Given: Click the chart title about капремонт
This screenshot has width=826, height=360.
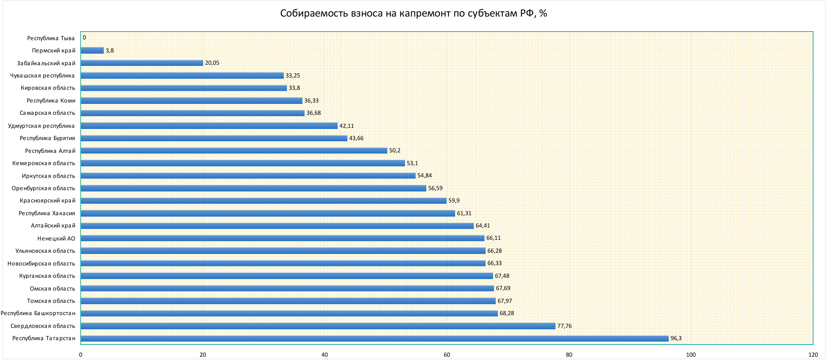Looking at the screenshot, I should (x=413, y=13).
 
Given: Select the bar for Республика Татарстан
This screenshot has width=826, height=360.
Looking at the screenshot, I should (x=374, y=339).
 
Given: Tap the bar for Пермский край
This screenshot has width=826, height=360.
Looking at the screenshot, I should (x=92, y=50).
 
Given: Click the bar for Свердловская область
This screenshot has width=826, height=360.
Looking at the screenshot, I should (x=318, y=326).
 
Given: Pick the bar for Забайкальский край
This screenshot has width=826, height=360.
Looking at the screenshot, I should (x=142, y=63).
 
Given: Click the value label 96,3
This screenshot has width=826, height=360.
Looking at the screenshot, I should (x=676, y=339).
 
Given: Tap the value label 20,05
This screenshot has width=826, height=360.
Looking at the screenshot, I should (x=212, y=63).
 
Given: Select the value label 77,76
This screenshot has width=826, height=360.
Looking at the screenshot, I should (x=564, y=326).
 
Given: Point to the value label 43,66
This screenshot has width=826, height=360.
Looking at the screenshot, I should (x=356, y=138).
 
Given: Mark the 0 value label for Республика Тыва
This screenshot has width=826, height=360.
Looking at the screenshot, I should (x=84, y=38).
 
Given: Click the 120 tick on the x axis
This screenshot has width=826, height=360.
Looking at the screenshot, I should (x=813, y=355).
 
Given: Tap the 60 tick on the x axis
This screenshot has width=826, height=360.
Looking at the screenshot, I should (x=447, y=355).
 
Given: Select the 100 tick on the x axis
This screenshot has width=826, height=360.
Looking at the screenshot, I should (x=691, y=355).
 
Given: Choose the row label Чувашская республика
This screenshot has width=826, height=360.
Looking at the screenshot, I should (x=42, y=76).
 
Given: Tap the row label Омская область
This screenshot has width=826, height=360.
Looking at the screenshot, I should (x=52, y=288).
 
